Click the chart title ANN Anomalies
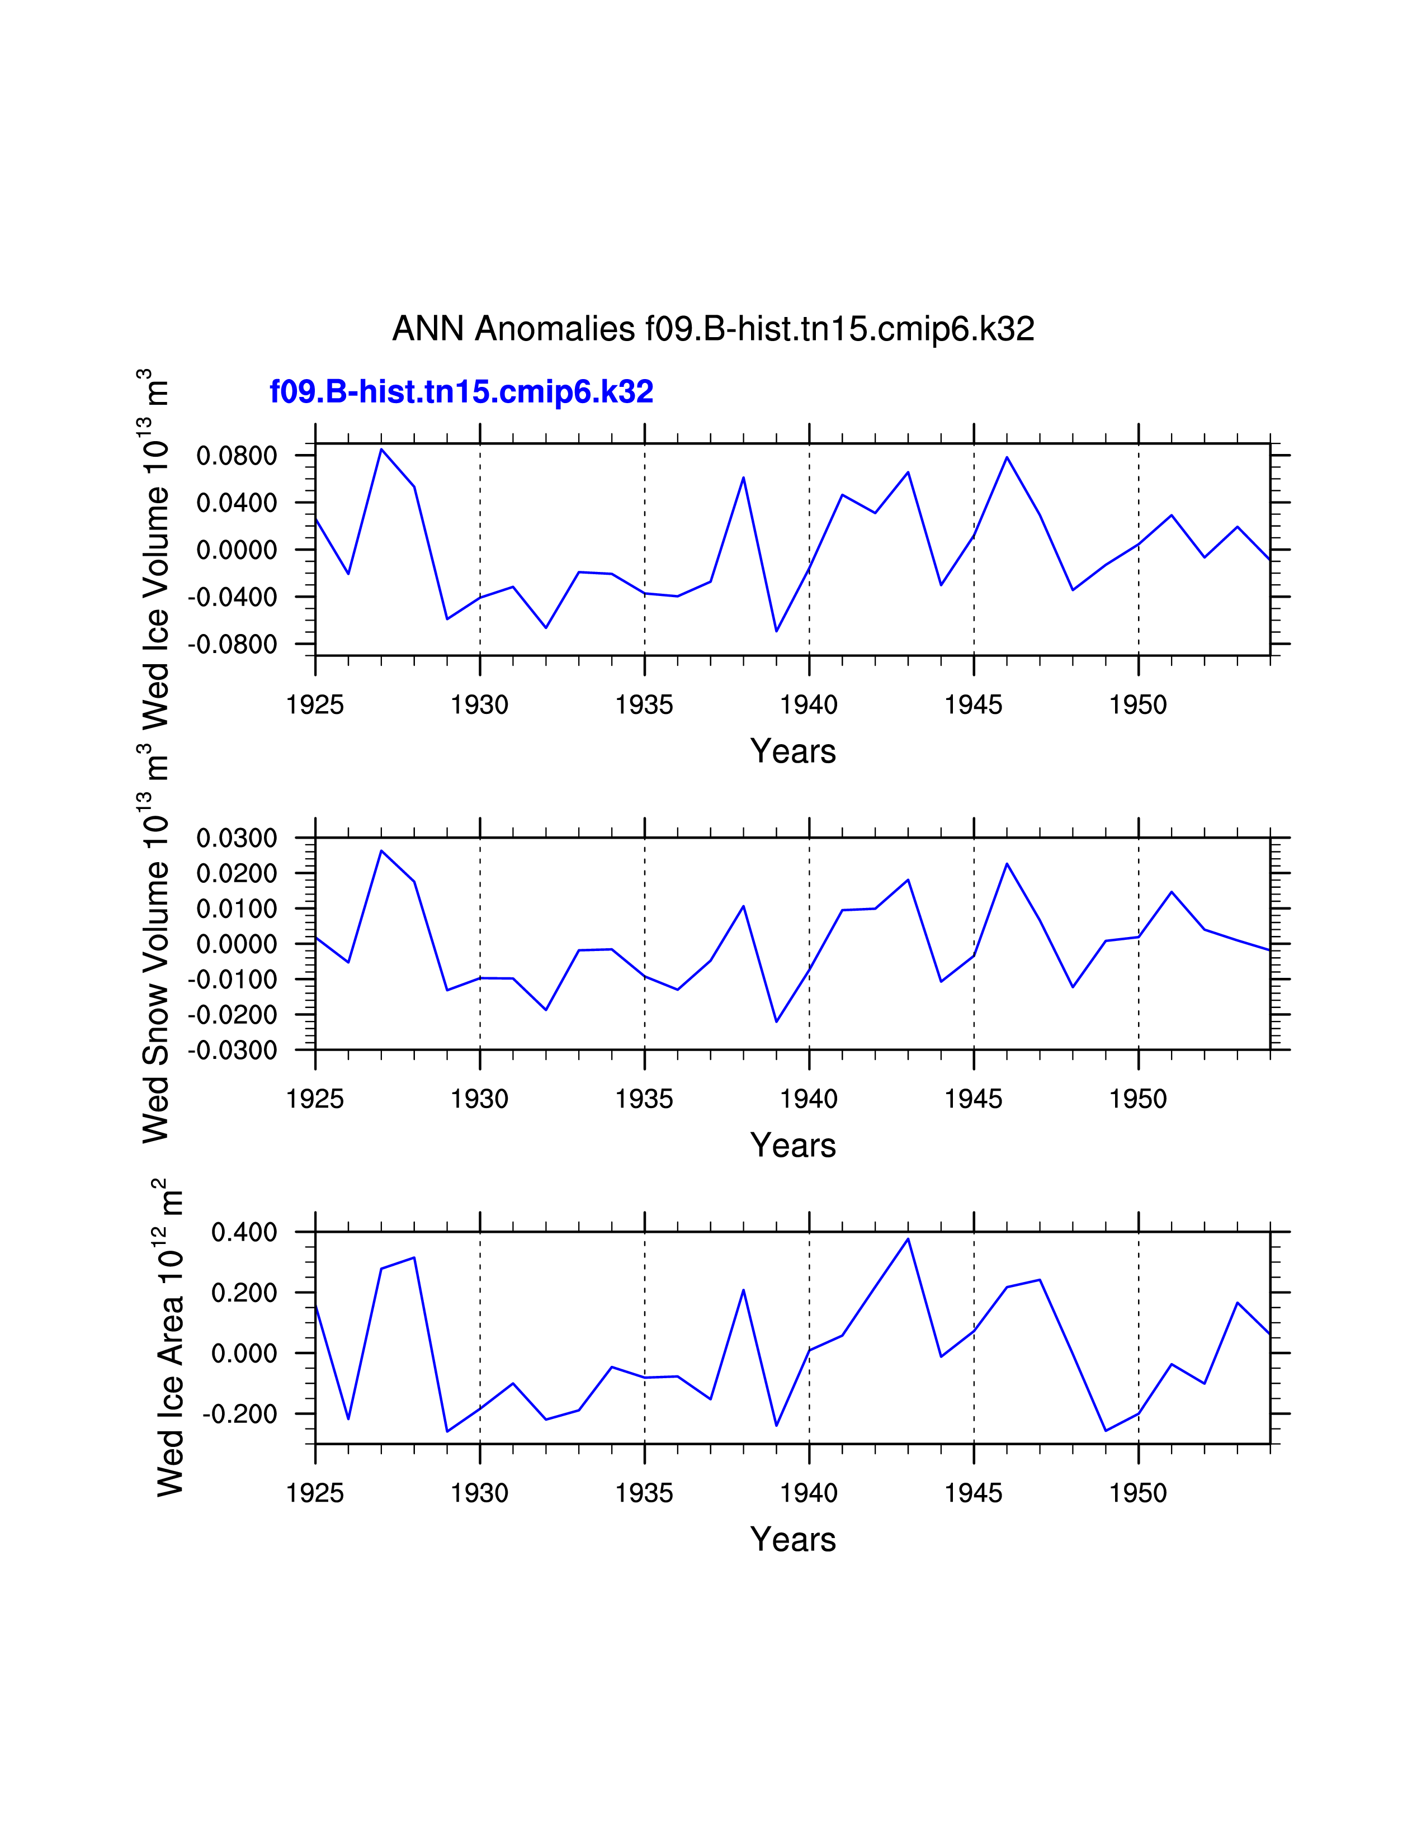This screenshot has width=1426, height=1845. point(713,329)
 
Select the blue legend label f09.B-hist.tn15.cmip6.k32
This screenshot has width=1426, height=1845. point(461,392)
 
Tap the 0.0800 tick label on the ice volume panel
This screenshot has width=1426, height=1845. point(237,456)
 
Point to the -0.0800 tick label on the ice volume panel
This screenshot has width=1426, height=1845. point(232,645)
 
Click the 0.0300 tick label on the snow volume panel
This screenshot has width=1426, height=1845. point(237,838)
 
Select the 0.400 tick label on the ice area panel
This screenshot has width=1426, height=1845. point(244,1233)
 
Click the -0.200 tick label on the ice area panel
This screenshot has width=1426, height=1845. point(240,1414)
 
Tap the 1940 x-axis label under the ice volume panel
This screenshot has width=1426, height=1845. point(809,704)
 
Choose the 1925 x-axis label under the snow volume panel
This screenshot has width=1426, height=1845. point(315,1099)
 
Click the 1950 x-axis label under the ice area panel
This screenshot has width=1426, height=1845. point(1138,1493)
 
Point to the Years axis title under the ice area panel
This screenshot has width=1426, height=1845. point(792,1539)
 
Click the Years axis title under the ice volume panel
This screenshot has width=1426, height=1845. point(792,751)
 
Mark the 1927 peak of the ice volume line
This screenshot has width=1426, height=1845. point(381,450)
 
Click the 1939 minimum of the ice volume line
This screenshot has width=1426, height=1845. point(776,631)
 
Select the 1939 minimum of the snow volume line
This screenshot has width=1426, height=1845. point(776,1021)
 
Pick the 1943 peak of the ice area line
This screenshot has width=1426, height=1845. point(908,1240)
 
